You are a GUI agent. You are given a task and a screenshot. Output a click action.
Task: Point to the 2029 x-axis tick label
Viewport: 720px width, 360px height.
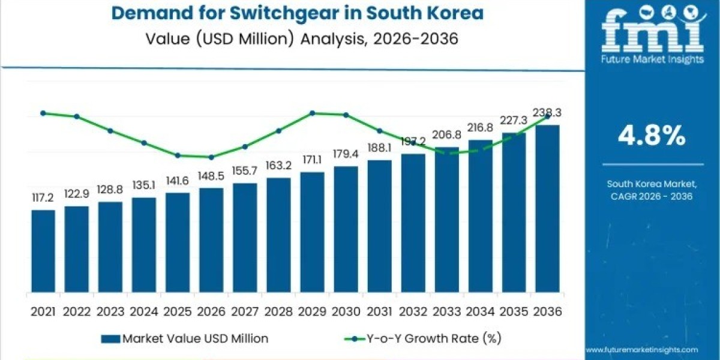[x=312, y=311]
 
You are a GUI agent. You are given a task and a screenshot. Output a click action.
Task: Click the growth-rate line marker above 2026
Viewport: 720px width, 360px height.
[x=211, y=157]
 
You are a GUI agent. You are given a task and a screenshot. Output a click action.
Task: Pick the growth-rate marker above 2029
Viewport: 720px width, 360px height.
[x=312, y=113]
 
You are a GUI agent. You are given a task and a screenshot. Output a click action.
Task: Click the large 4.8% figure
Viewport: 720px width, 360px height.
[x=652, y=136]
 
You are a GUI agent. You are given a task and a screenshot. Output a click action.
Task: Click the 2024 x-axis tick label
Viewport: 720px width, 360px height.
[x=144, y=311]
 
